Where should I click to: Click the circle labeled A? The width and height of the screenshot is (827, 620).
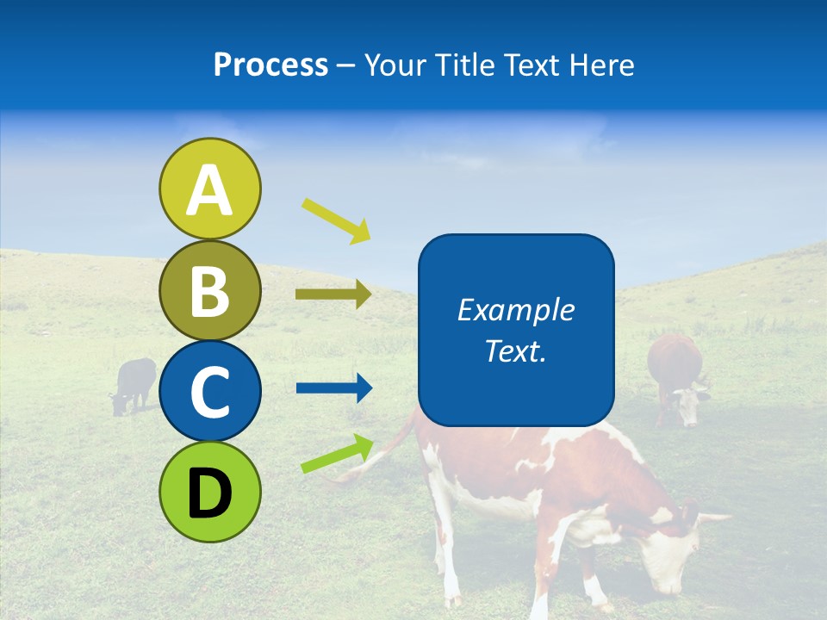click(209, 189)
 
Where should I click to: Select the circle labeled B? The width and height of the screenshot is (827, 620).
click(209, 291)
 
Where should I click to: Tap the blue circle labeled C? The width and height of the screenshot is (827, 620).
click(209, 391)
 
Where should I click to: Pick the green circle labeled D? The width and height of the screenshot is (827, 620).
click(209, 492)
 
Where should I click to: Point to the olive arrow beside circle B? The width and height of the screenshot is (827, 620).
click(333, 294)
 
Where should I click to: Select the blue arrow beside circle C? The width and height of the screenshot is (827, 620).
click(333, 388)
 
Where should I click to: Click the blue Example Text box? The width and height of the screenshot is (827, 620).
click(516, 330)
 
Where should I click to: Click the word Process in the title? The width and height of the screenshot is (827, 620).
click(270, 65)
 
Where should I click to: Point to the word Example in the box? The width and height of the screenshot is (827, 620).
click(515, 310)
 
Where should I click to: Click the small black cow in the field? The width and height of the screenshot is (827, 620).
click(134, 383)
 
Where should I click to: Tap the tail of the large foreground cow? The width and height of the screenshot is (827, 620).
click(379, 456)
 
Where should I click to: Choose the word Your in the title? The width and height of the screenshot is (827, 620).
click(394, 65)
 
